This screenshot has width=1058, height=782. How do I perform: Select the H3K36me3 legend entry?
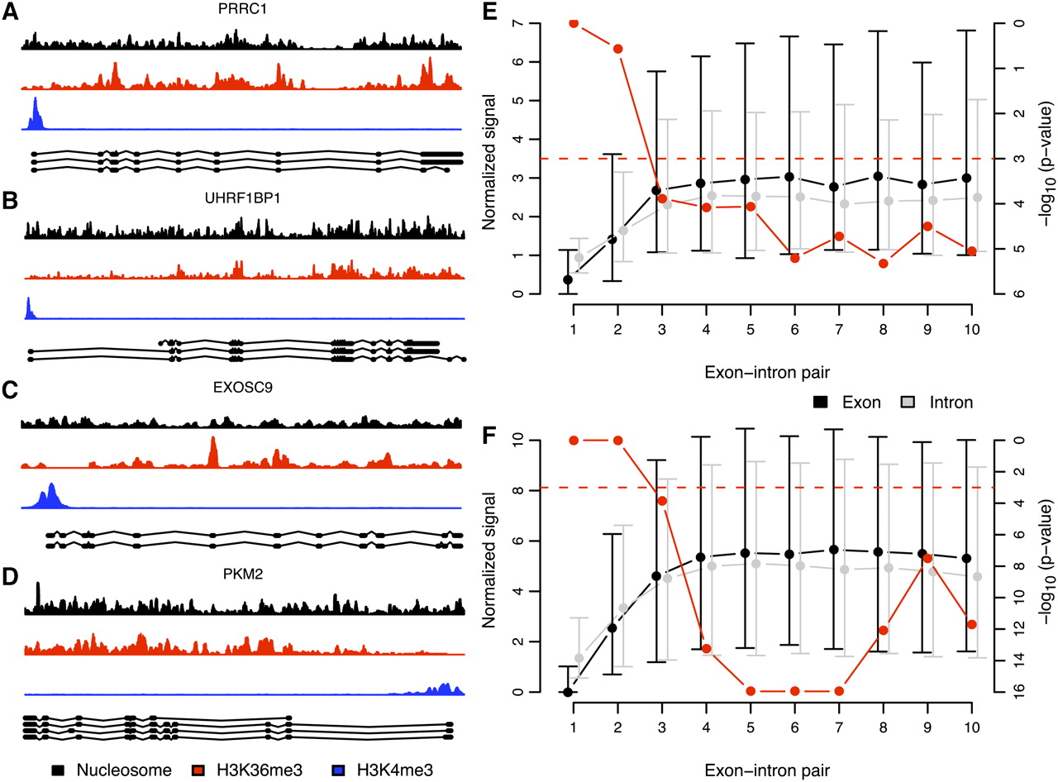pos(255,770)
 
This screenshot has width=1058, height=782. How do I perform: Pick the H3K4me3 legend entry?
pos(391,770)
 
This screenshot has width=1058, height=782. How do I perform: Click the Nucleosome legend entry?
pos(112,770)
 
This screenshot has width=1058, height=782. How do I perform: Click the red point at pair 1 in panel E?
pos(573,22)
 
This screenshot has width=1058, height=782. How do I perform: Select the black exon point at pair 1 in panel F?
pos(568,692)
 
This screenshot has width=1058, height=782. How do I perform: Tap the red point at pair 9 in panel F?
pos(928,559)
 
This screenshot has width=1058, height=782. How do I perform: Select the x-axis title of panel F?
pos(770,770)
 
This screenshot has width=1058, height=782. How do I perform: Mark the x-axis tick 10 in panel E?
pos(972,329)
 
